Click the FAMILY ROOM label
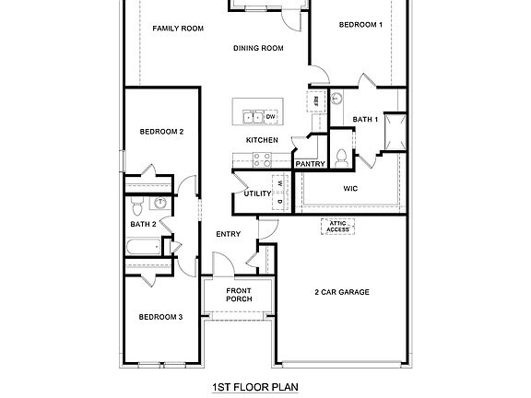coord(177,29)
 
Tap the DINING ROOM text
coord(257,49)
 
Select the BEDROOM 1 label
coord(360,25)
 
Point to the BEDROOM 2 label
coord(161,132)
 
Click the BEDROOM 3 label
coord(160,317)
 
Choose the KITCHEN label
coord(262,139)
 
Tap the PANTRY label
coord(308,164)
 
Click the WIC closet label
coord(350,188)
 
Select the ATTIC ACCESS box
coord(337,227)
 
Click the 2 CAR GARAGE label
coord(342,292)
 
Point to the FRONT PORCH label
coord(239,296)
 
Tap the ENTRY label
coord(228,234)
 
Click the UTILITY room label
coord(257,193)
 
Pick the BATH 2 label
coord(143,224)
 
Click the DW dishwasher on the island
coord(271,117)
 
